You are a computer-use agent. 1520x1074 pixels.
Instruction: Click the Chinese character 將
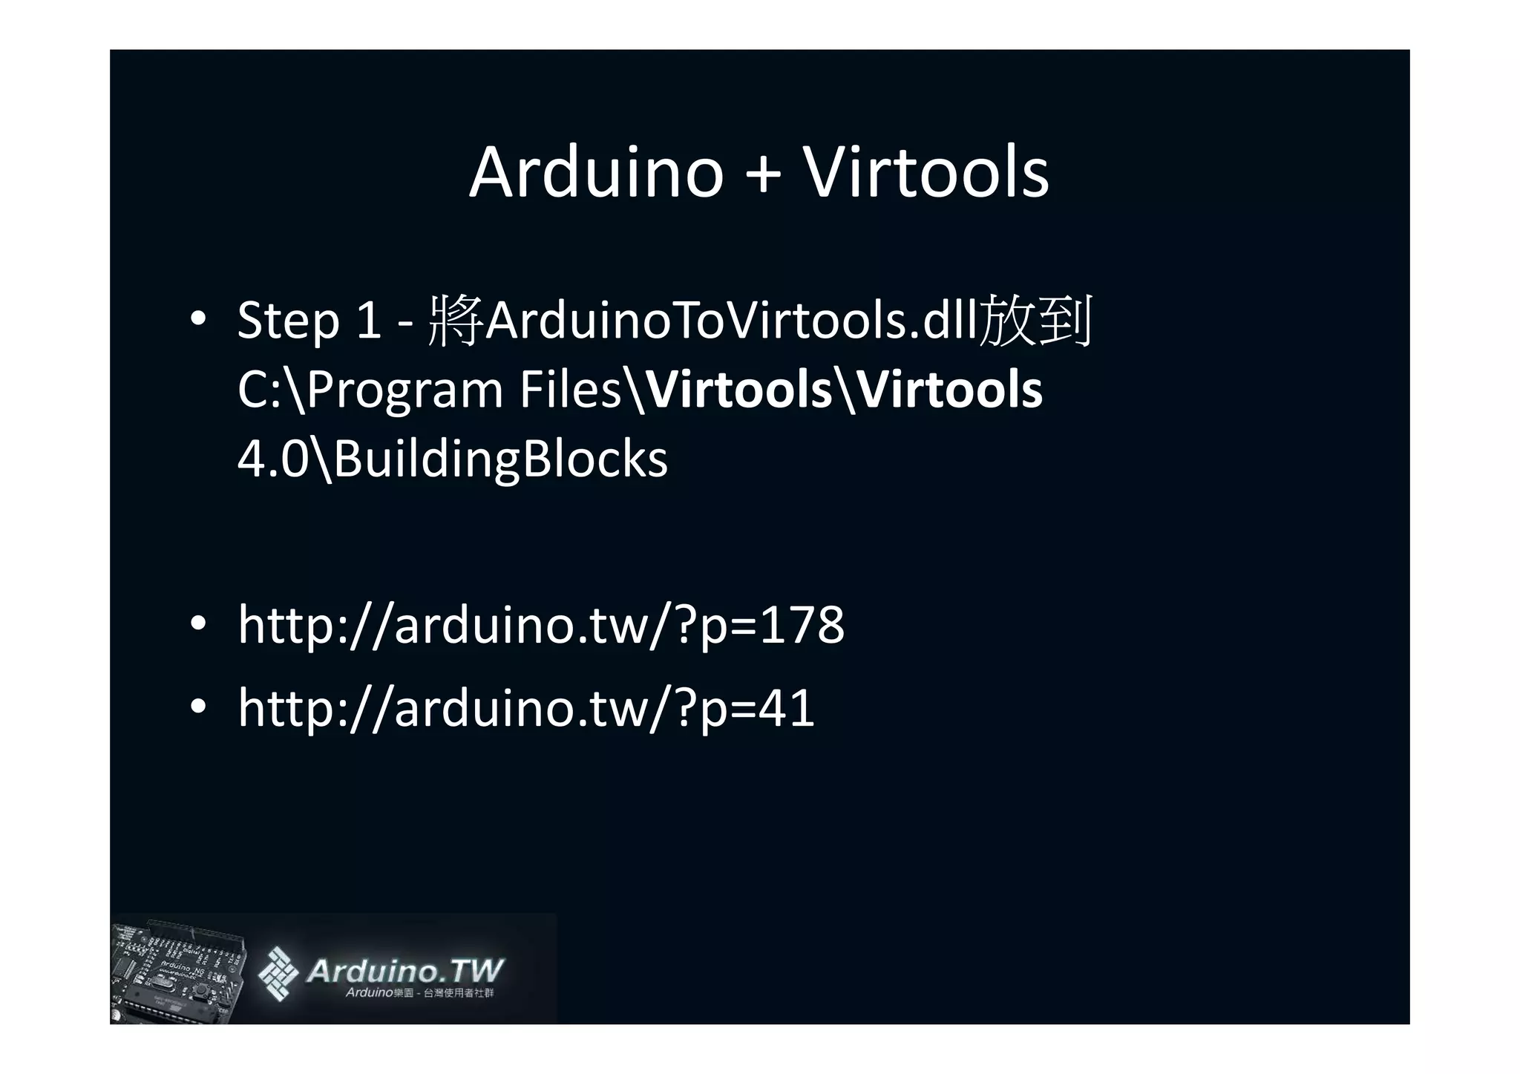[x=456, y=321]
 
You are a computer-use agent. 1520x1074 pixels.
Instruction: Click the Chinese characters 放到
[x=1036, y=321]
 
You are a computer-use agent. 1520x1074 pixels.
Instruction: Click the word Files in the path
[x=570, y=390]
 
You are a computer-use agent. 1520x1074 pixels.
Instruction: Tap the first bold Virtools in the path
[x=739, y=390]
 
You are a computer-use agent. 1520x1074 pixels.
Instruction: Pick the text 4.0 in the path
[x=272, y=459]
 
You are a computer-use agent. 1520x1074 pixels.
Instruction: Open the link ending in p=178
[x=540, y=625]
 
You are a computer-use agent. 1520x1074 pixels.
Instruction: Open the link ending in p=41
[x=525, y=708]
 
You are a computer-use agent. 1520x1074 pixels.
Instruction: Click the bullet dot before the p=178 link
[x=197, y=624]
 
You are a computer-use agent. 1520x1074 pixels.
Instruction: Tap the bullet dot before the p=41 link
[x=197, y=707]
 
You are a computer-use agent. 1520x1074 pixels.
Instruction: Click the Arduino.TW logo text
[x=404, y=972]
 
